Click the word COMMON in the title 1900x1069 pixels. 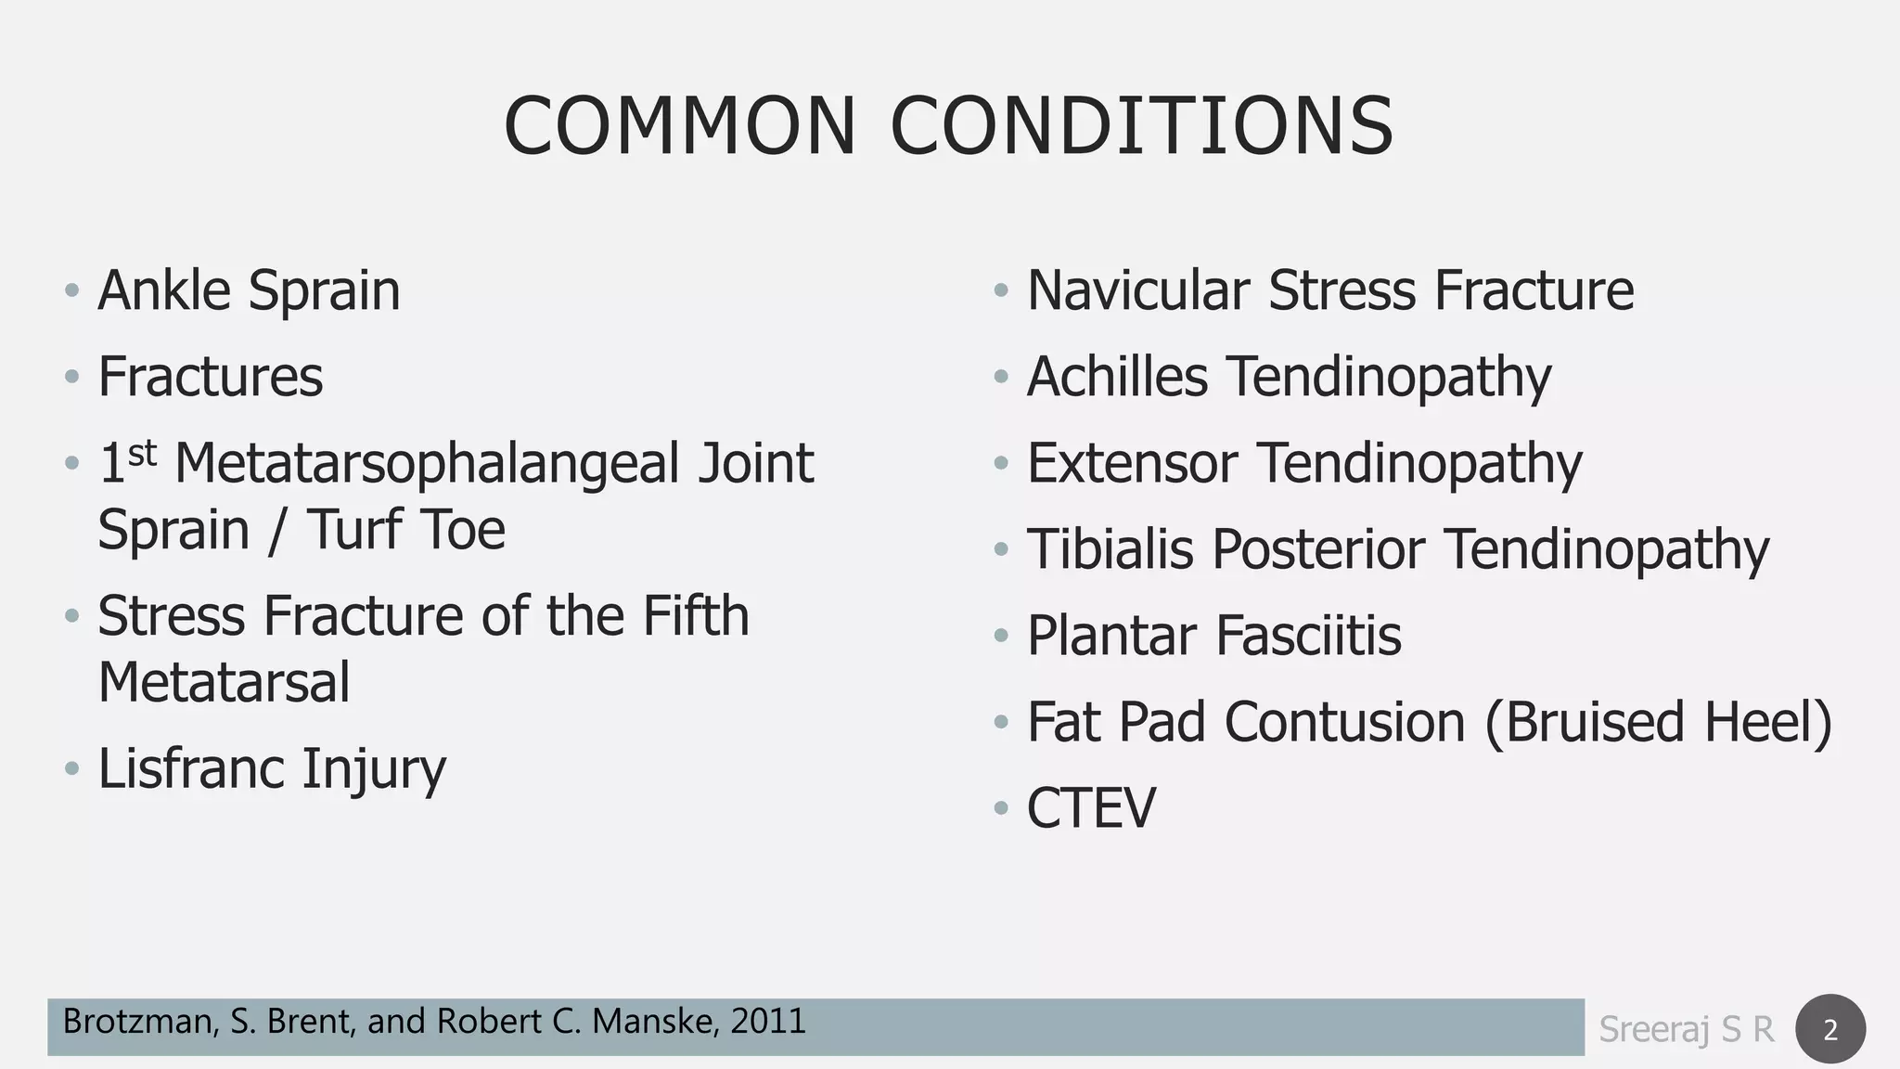(680, 126)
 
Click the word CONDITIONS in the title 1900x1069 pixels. (1142, 126)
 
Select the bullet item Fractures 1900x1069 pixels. (211, 377)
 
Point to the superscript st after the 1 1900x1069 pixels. (142, 454)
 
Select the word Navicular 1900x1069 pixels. (1138, 290)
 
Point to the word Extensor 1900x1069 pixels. (1132, 463)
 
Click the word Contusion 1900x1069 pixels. (1344, 722)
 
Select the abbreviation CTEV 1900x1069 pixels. (1091, 808)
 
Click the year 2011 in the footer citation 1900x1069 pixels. (768, 1022)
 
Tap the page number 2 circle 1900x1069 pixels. (1830, 1029)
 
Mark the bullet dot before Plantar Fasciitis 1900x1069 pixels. (1000, 637)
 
